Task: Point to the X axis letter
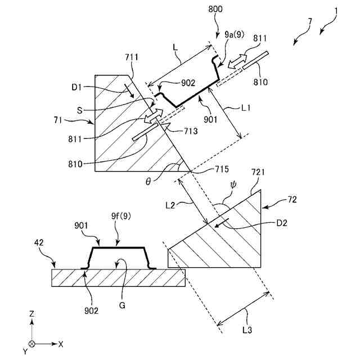click(61, 343)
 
